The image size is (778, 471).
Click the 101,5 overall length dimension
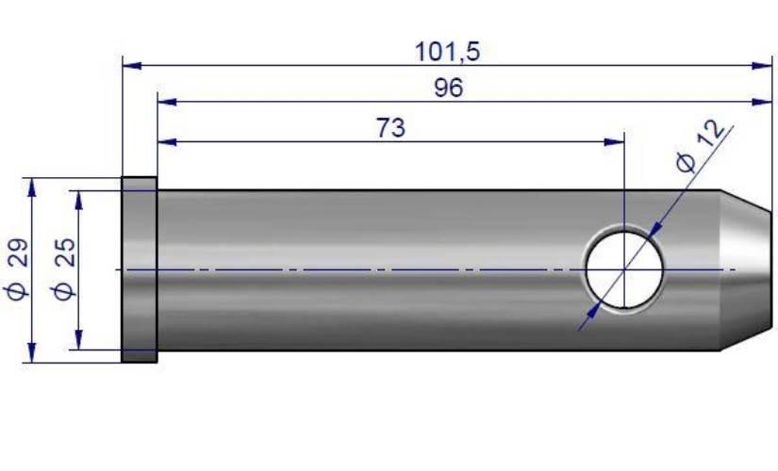coord(447,52)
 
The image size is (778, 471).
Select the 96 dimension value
coord(449,88)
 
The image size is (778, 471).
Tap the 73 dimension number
coord(390,128)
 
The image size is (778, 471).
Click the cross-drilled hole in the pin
coord(624,269)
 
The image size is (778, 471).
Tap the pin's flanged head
coord(140,269)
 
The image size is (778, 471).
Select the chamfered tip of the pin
coord(746,269)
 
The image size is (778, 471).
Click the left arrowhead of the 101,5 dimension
coord(132,65)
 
